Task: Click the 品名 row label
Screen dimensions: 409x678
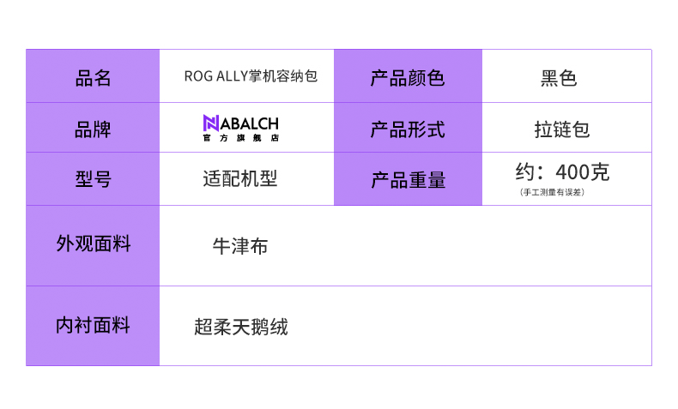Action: tap(93, 78)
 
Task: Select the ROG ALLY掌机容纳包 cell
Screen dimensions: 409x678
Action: tap(251, 76)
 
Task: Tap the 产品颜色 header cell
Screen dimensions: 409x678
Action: tap(408, 78)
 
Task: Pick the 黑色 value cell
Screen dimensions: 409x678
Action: tap(559, 78)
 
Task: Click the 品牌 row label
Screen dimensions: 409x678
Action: tap(93, 129)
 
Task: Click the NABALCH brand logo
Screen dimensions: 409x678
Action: tap(240, 127)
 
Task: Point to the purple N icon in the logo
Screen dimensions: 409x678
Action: tap(211, 123)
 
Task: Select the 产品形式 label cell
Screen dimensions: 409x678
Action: tap(408, 129)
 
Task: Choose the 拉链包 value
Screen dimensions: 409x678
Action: tap(562, 129)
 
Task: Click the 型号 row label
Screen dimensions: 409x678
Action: tap(93, 179)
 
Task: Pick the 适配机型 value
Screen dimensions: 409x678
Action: tap(240, 179)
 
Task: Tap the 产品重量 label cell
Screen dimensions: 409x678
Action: tap(408, 180)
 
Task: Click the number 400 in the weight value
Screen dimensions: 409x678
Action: tap(573, 172)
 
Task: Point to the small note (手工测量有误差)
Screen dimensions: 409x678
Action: tap(553, 192)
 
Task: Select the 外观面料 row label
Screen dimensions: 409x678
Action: tap(93, 244)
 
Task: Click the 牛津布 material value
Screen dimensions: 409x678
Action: tap(240, 246)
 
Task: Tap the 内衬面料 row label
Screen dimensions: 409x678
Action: tap(93, 326)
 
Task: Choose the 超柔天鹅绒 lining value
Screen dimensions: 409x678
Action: tap(241, 327)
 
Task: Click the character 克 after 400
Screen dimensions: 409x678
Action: tap(601, 172)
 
